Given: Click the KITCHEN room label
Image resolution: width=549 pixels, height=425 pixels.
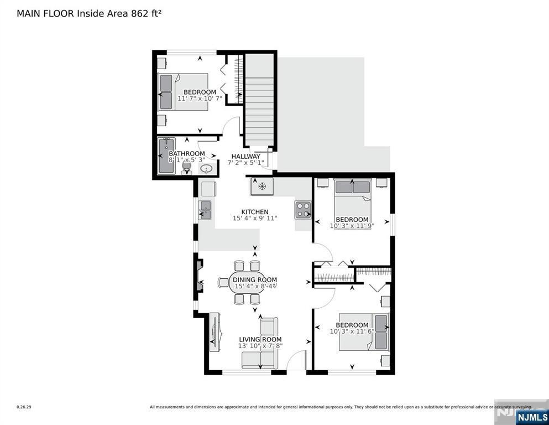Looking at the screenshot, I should point(254,212).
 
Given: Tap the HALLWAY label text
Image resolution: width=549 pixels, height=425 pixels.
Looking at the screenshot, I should point(245,156).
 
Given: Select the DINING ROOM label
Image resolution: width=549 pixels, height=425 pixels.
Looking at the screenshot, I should point(254,280).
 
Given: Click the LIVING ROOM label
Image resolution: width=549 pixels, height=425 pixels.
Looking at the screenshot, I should point(260,339).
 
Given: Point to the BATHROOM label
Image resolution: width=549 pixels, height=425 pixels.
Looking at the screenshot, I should point(186,153).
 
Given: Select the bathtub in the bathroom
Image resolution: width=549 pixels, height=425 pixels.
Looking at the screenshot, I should point(166,156).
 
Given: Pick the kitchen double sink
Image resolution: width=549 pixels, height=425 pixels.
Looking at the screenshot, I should point(205,210).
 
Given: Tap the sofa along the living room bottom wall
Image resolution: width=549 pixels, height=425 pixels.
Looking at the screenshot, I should point(259,360).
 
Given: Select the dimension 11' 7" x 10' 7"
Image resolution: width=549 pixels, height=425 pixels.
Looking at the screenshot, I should point(200,99).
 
